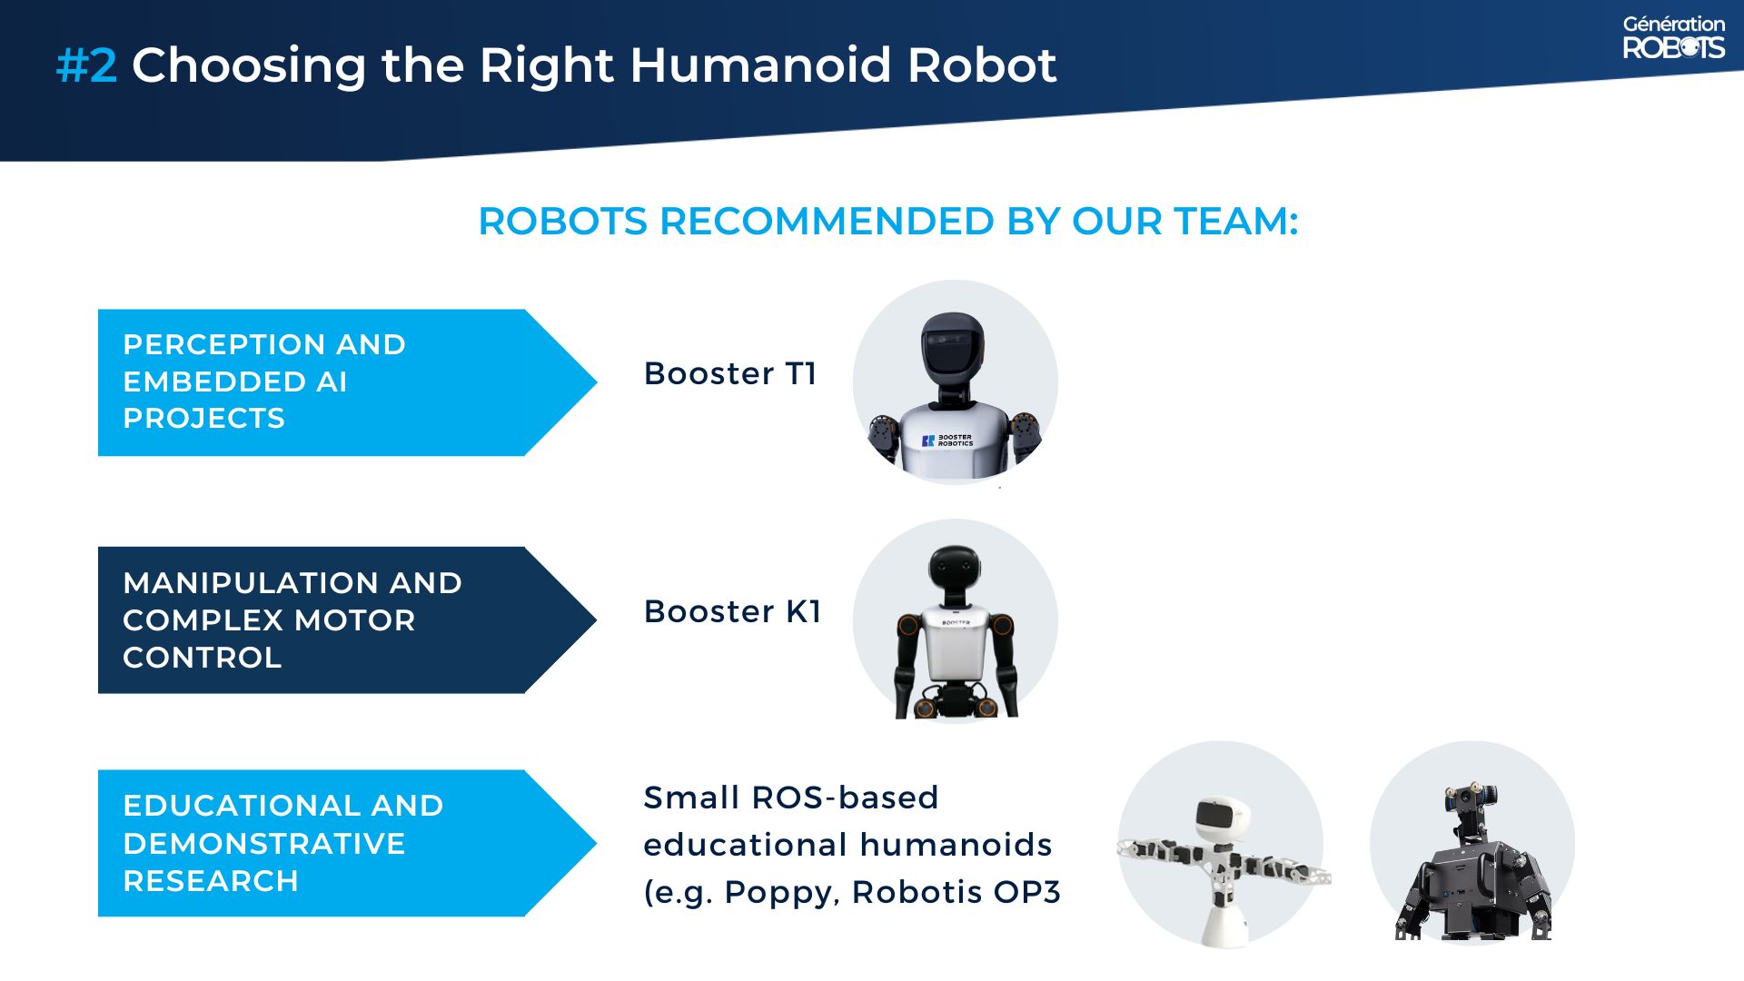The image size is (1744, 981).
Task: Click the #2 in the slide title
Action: tap(86, 65)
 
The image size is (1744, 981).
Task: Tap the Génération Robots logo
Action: tap(1673, 37)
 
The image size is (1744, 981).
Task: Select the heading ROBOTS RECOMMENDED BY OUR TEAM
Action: tap(887, 222)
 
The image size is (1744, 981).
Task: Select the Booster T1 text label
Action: tap(730, 373)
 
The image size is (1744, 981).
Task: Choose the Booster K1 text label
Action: tap(732, 611)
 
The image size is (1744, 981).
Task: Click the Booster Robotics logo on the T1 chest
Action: tap(948, 441)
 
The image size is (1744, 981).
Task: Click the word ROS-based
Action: tap(845, 798)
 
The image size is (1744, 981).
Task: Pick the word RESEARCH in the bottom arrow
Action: tap(211, 881)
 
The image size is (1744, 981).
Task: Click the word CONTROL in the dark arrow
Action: tap(202, 658)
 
